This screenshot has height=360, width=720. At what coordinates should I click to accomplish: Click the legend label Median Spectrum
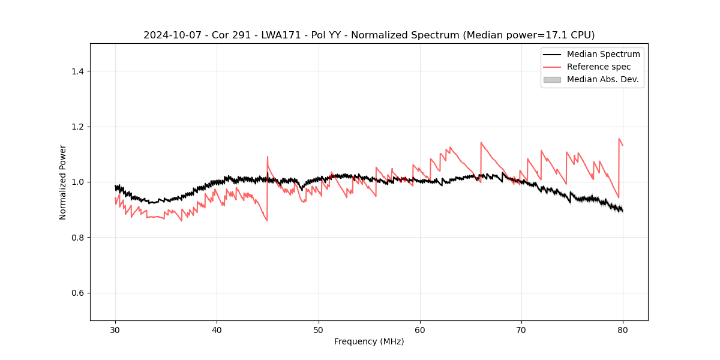click(x=603, y=54)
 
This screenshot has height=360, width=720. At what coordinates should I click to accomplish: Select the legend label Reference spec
click(x=598, y=67)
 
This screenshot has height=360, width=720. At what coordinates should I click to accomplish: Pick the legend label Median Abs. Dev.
click(x=602, y=79)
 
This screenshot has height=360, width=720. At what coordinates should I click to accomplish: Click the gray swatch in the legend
click(x=552, y=79)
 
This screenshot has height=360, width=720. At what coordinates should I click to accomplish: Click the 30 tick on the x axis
click(x=115, y=329)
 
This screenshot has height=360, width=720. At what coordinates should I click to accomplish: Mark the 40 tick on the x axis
click(x=217, y=329)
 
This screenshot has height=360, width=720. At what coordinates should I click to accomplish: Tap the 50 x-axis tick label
click(x=318, y=329)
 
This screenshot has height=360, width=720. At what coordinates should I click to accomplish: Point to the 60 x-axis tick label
click(x=420, y=329)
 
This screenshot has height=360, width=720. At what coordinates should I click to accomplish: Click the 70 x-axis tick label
click(x=521, y=329)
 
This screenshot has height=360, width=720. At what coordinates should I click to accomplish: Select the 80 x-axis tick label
click(x=623, y=329)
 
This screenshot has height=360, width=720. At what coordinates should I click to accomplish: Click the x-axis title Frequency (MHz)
click(x=369, y=341)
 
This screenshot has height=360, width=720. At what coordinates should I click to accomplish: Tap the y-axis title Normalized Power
click(x=63, y=182)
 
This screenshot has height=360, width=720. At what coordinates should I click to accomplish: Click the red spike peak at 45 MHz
click(x=268, y=157)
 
